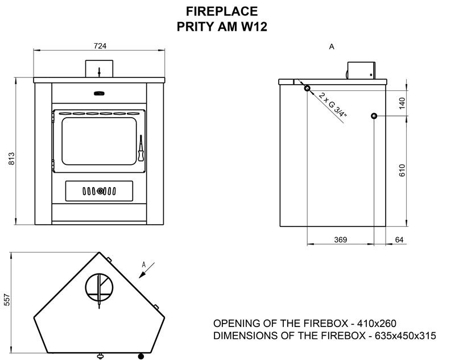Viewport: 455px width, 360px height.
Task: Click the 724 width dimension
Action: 100,46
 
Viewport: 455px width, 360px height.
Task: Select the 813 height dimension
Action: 11,158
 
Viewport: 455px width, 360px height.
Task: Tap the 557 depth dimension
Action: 7,300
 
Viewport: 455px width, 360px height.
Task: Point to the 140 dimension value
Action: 402,104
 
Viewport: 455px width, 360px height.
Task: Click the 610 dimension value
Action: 402,170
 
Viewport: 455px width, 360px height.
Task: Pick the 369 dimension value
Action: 340,239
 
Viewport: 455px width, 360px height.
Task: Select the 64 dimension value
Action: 399,239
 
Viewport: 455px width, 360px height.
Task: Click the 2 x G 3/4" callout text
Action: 333,105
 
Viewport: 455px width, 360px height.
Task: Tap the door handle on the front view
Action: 140,148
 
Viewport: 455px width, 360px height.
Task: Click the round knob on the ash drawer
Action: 100,191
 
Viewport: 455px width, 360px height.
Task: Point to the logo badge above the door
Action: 99,93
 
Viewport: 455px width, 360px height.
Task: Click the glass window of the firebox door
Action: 99,141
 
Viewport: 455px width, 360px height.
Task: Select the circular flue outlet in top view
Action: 99,287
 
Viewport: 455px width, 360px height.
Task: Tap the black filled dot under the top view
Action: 141,356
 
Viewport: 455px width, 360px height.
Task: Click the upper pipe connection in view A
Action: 307,88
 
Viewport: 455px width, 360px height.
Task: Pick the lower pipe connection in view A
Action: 374,116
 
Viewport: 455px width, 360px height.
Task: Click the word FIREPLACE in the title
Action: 222,11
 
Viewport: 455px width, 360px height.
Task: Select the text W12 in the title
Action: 254,27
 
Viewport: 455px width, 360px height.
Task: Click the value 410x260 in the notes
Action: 377,323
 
